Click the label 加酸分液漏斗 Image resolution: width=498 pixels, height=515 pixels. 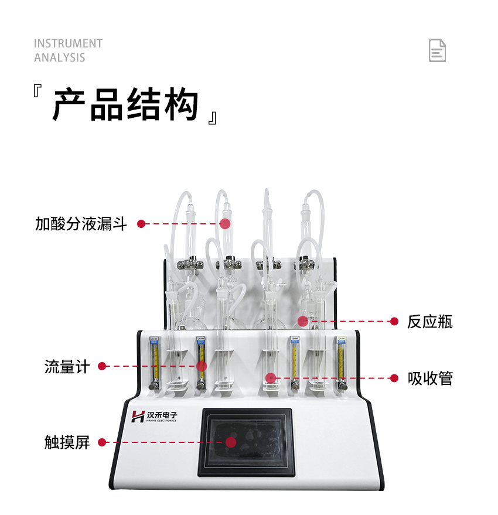click(x=81, y=224)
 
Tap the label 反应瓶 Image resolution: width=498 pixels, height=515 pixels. click(x=430, y=322)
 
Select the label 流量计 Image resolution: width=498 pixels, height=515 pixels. click(x=67, y=367)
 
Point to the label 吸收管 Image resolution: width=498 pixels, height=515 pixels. click(x=430, y=378)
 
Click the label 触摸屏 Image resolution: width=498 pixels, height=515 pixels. click(x=67, y=442)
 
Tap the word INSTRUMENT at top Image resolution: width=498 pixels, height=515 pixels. click(x=68, y=44)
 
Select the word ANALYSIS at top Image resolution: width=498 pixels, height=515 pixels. click(x=59, y=57)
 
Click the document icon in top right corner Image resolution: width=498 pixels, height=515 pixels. click(x=437, y=50)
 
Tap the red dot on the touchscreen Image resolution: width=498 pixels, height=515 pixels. click(x=231, y=442)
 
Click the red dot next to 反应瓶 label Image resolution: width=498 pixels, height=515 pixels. click(x=394, y=321)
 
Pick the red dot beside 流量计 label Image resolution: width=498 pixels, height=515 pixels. click(x=102, y=366)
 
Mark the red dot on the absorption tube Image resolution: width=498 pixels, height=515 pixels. click(x=270, y=378)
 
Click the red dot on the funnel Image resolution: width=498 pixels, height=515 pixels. click(x=225, y=223)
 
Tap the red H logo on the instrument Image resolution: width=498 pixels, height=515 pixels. click(x=138, y=417)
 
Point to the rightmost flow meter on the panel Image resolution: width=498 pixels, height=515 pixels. click(x=340, y=363)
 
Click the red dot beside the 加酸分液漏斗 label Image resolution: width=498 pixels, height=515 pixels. click(x=141, y=224)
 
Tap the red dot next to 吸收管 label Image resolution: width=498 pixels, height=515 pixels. click(x=394, y=378)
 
